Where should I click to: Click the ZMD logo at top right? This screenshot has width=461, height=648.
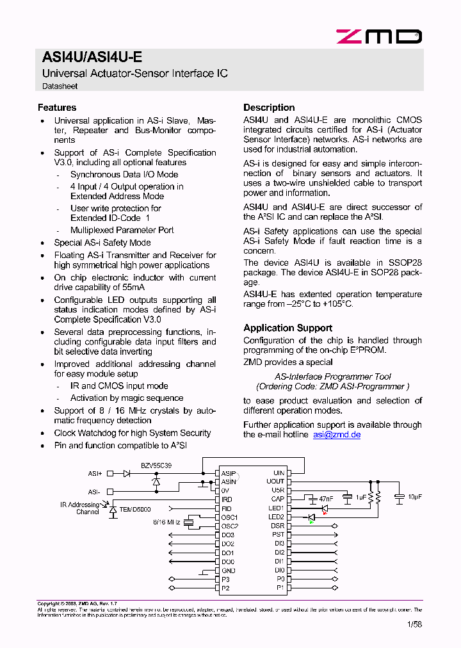point(379,36)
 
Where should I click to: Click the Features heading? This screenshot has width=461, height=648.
point(57,108)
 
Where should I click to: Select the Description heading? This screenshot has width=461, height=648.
point(269,108)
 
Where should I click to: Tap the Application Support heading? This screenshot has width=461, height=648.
point(287,328)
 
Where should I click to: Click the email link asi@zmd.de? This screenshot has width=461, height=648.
point(337,434)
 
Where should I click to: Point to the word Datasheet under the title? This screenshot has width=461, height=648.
point(60,86)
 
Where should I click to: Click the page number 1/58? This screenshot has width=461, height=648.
point(415,624)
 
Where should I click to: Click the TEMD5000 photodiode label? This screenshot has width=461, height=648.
point(134,509)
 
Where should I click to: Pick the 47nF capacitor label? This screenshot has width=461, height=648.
point(327,498)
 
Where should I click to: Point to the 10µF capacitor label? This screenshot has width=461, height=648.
point(414,497)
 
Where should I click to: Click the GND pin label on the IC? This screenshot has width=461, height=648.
point(228,571)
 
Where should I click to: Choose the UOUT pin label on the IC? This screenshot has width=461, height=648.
point(275,482)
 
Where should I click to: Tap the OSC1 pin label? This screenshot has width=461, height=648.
point(229,517)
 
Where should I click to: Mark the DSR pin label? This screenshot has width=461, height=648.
point(277,526)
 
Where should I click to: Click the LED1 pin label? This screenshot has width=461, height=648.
point(276,508)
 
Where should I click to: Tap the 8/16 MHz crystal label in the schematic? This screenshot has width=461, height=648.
point(166,522)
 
